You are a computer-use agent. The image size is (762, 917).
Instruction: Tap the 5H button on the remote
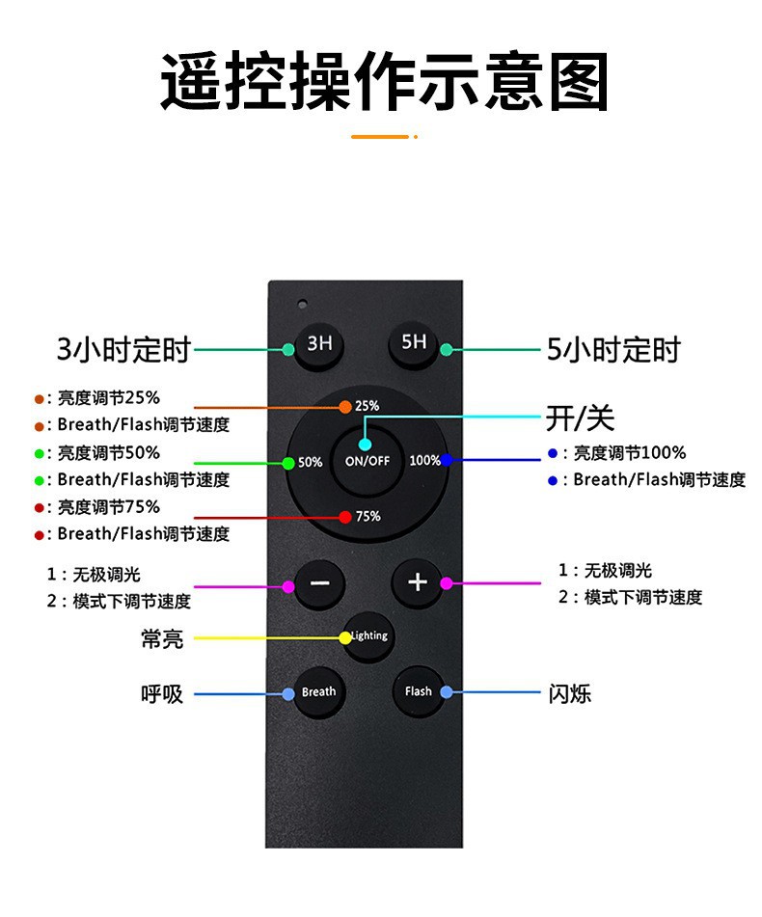(414, 343)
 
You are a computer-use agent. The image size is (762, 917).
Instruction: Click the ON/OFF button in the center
(367, 459)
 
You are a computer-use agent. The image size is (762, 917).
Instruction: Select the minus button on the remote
(319, 583)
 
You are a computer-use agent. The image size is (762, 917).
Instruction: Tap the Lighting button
(368, 635)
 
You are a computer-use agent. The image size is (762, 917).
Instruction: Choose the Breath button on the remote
(318, 691)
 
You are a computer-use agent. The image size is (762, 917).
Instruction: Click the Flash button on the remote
(419, 691)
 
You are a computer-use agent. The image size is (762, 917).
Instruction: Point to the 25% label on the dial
(367, 406)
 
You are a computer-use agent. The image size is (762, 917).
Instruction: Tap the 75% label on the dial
(368, 516)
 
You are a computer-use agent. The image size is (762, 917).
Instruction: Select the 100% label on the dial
(424, 460)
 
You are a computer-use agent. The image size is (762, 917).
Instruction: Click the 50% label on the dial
(310, 462)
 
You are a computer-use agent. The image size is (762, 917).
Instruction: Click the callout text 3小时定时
(122, 349)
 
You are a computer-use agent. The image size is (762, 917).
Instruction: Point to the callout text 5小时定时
(613, 349)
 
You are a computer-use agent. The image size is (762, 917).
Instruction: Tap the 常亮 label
(162, 638)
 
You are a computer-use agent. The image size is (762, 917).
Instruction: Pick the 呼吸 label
(162, 693)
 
